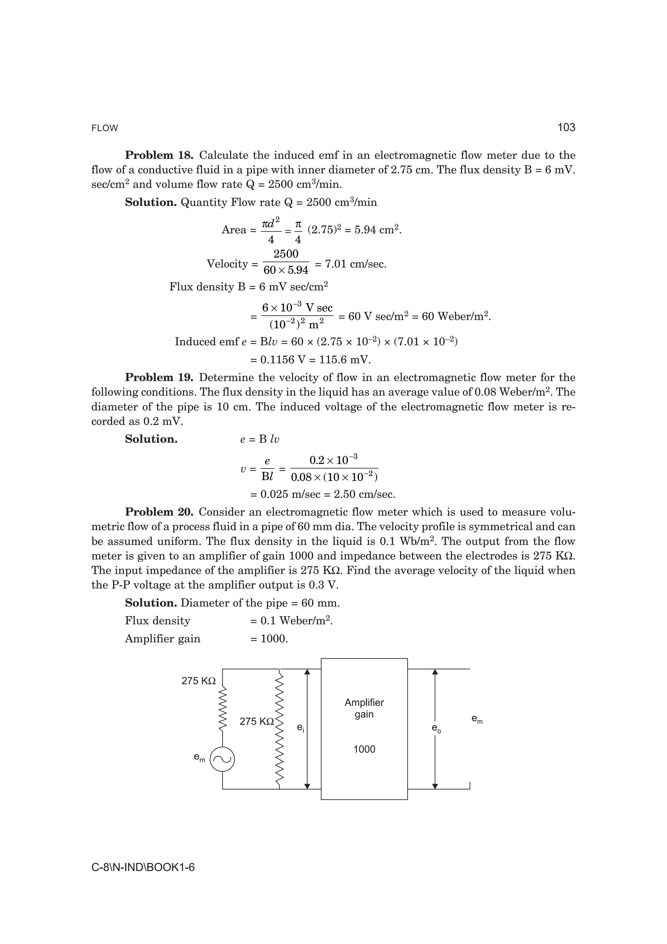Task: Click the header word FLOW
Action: coord(105,128)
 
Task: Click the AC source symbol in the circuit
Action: coord(222,759)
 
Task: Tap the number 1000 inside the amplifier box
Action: coord(364,749)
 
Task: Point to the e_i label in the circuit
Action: coord(300,728)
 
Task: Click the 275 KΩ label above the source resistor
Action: coord(198,681)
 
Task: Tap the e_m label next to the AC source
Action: coord(199,757)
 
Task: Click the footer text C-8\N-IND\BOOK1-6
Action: coord(143,867)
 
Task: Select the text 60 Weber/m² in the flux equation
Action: coord(456,317)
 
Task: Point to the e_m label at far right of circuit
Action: coord(477,719)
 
